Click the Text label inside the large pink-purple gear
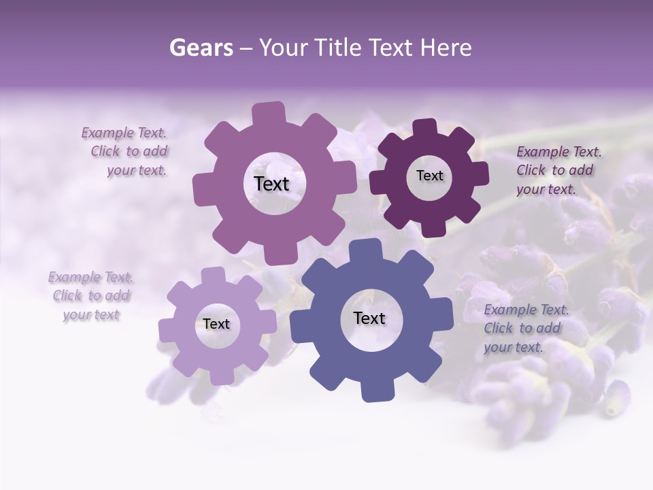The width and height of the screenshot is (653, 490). tap(271, 184)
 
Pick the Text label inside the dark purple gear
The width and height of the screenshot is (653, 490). tap(429, 176)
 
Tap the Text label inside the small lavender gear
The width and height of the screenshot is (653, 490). tap(216, 324)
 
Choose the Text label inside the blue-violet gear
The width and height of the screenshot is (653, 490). tap(369, 318)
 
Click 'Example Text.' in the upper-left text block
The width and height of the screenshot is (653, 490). tap(124, 133)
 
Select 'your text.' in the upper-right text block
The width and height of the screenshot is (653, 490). tap(546, 189)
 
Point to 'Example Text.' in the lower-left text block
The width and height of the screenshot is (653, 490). tap(91, 277)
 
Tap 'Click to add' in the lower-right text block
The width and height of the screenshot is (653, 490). tap(522, 328)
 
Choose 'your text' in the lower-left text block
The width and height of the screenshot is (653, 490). tap(91, 314)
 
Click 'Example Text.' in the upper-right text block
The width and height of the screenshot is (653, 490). tap(559, 152)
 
